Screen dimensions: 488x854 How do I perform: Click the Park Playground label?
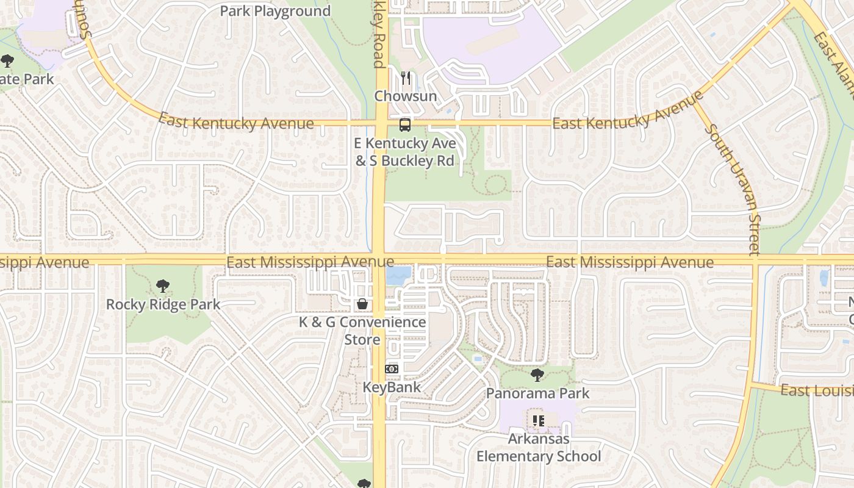click(x=275, y=11)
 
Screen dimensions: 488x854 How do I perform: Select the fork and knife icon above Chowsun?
click(x=406, y=78)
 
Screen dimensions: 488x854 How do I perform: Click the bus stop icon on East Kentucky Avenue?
click(x=404, y=125)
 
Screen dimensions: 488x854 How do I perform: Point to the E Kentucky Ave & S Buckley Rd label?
click(x=406, y=152)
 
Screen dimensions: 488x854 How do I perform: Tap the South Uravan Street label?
click(x=732, y=189)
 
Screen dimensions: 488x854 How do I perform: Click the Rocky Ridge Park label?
click(x=163, y=304)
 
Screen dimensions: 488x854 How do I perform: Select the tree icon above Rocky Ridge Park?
click(x=162, y=285)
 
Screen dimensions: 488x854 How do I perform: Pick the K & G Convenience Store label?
click(x=362, y=330)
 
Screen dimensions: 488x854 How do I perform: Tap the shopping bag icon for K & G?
click(x=362, y=304)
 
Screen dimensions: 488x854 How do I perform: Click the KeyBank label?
click(x=392, y=387)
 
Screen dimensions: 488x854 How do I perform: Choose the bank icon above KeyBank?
click(x=392, y=369)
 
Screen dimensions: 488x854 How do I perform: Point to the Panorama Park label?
click(x=537, y=393)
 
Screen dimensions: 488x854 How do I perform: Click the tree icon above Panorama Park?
click(x=537, y=375)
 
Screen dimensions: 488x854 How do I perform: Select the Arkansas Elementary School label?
click(x=539, y=447)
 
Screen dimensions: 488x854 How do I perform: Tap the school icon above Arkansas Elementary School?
click(x=538, y=420)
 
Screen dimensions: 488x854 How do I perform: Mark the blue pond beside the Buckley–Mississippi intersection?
click(x=398, y=276)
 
